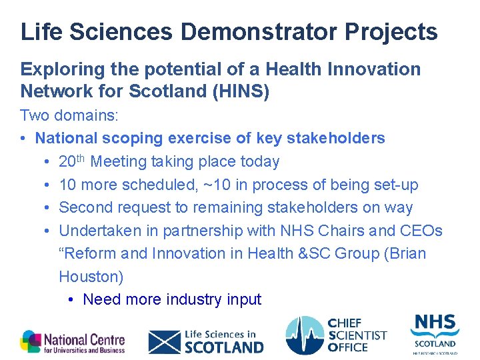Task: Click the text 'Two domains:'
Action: coord(69,115)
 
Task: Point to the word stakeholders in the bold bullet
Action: coord(335,138)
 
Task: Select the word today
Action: coord(259,161)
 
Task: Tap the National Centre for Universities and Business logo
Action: coord(72,341)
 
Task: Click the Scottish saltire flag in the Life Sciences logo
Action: coord(163,341)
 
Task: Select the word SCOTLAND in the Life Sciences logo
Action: coord(224,347)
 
